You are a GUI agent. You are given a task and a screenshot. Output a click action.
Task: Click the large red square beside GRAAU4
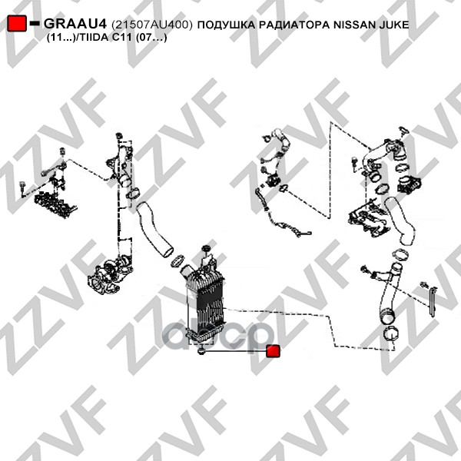[17, 23]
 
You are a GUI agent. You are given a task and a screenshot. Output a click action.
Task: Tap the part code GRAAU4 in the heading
[75, 24]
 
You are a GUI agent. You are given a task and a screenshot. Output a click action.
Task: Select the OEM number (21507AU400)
[152, 25]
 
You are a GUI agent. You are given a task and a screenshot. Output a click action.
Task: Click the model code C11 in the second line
[122, 38]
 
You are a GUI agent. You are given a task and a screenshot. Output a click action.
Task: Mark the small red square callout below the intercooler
[273, 351]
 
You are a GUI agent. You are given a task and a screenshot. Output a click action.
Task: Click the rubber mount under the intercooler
[201, 351]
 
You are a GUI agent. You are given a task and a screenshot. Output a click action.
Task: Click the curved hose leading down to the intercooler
[154, 229]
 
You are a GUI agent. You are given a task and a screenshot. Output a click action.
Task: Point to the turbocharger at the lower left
[109, 277]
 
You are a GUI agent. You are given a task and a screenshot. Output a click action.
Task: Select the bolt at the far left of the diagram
[22, 189]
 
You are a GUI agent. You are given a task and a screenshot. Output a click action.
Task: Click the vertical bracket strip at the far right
[433, 302]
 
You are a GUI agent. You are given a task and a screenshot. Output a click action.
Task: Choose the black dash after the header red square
[35, 23]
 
